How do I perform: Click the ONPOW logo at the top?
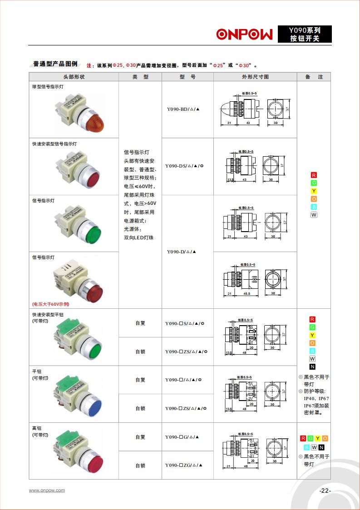[x=244, y=35]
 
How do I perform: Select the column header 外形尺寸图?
[x=255, y=77]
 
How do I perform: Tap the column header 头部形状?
[x=74, y=77]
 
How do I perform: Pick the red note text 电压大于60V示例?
[x=50, y=304]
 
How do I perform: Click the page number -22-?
[x=325, y=490]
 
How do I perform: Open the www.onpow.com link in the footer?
[x=47, y=490]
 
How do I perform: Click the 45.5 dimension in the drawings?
[x=247, y=294]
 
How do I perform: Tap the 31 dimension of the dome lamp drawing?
[x=229, y=123]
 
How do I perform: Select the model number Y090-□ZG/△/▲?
[x=184, y=465]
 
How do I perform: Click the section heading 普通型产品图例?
[x=55, y=64]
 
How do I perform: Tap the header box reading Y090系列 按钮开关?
[x=305, y=34]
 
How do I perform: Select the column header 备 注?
[x=314, y=77]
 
